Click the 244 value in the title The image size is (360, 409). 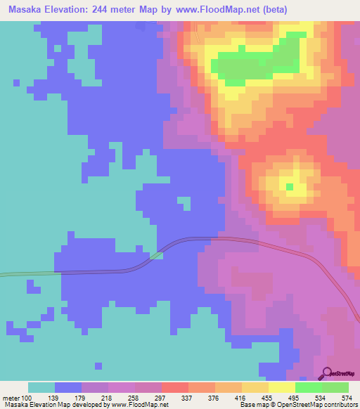point(112,10)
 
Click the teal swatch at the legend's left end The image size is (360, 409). point(41,387)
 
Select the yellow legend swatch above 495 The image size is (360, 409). point(281,387)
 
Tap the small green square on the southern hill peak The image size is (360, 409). point(290,186)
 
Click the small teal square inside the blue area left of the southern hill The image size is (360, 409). point(184,203)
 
